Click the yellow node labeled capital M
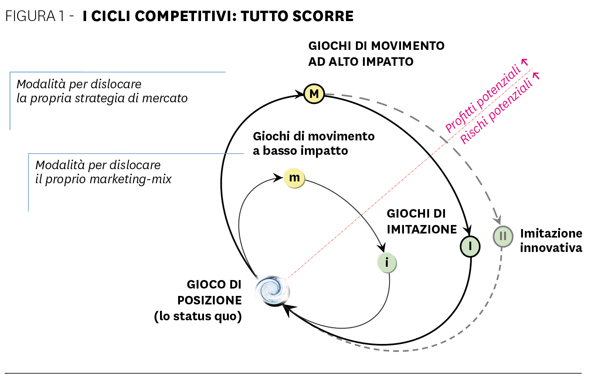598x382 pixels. click(314, 94)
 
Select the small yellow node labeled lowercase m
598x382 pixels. click(294, 178)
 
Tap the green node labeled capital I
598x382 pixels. click(470, 246)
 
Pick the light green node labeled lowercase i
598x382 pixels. click(387, 263)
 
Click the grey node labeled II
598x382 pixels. click(503, 236)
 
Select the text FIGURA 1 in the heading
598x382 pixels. click(35, 16)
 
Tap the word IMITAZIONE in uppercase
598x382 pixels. click(422, 229)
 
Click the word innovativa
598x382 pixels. click(551, 248)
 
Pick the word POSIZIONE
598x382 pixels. click(210, 300)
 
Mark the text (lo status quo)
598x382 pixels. click(198, 316)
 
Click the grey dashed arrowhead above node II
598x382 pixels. click(497, 220)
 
